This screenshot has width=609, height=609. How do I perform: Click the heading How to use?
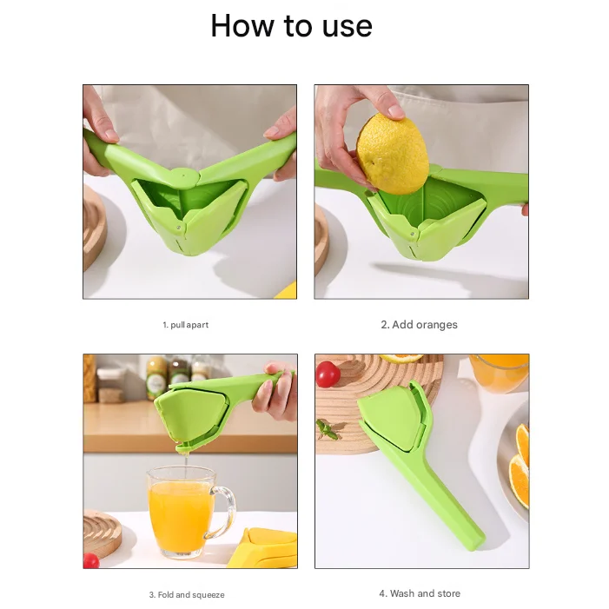pos(291,26)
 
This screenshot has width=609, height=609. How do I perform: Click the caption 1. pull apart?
pos(185,325)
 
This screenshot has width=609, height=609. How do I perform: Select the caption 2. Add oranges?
pos(419,325)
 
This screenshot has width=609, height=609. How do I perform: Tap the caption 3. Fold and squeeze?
pos(186,595)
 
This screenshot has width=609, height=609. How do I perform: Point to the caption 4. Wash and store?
pos(420,593)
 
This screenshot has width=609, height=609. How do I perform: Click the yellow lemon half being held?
pos(394,155)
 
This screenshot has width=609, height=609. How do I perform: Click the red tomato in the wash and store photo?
pos(328,374)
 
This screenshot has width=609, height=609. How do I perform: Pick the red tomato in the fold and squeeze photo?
pos(90,560)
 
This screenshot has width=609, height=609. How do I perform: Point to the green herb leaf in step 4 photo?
pos(327,429)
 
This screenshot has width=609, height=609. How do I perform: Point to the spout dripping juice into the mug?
pos(182,448)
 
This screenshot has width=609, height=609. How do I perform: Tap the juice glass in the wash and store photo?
pos(500,372)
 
